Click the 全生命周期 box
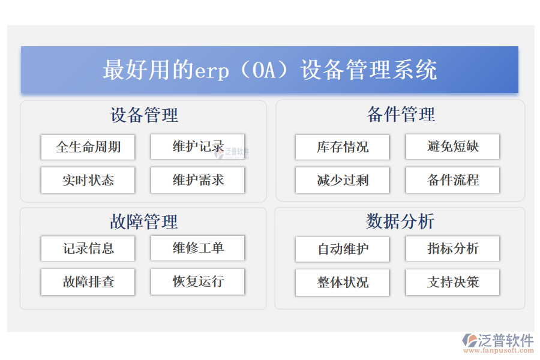[x=88, y=147]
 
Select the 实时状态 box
[x=88, y=180]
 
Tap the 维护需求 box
[x=197, y=180]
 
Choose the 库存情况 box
[x=342, y=147]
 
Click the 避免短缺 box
[x=452, y=147]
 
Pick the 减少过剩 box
[x=342, y=180]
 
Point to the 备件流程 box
[x=452, y=180]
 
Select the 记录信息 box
[x=88, y=248]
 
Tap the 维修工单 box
[x=197, y=248]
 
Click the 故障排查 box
[x=88, y=282]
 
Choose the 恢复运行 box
[x=197, y=282]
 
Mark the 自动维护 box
[x=342, y=249]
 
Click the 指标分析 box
[x=452, y=249]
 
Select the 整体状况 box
[x=342, y=283]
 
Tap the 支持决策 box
[x=452, y=283]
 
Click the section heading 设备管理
[x=144, y=115]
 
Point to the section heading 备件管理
[x=400, y=115]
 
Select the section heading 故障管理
[x=144, y=222]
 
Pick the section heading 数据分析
[x=400, y=221]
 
